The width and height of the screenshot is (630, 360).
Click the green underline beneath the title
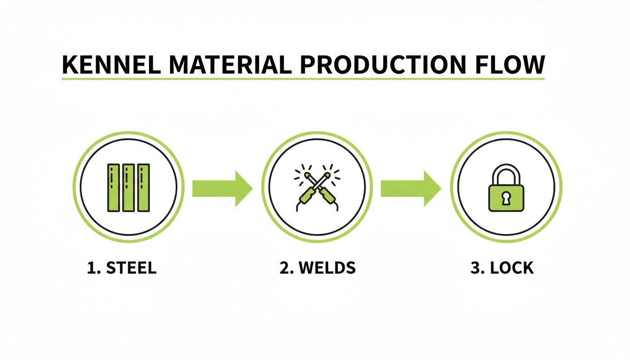pyautogui.click(x=303, y=79)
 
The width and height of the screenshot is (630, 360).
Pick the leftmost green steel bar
pyautogui.click(x=113, y=187)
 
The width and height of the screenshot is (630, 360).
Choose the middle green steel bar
pyautogui.click(x=128, y=187)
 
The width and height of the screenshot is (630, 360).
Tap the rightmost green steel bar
pyautogui.click(x=143, y=187)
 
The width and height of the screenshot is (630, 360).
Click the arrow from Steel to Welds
pyautogui.click(x=222, y=188)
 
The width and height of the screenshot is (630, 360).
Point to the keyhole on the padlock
pyautogui.click(x=506, y=198)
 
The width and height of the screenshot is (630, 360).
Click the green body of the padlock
pyautogui.click(x=495, y=199)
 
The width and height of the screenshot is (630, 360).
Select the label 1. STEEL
pyautogui.click(x=121, y=268)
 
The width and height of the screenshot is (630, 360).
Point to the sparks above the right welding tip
pyautogui.click(x=331, y=172)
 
